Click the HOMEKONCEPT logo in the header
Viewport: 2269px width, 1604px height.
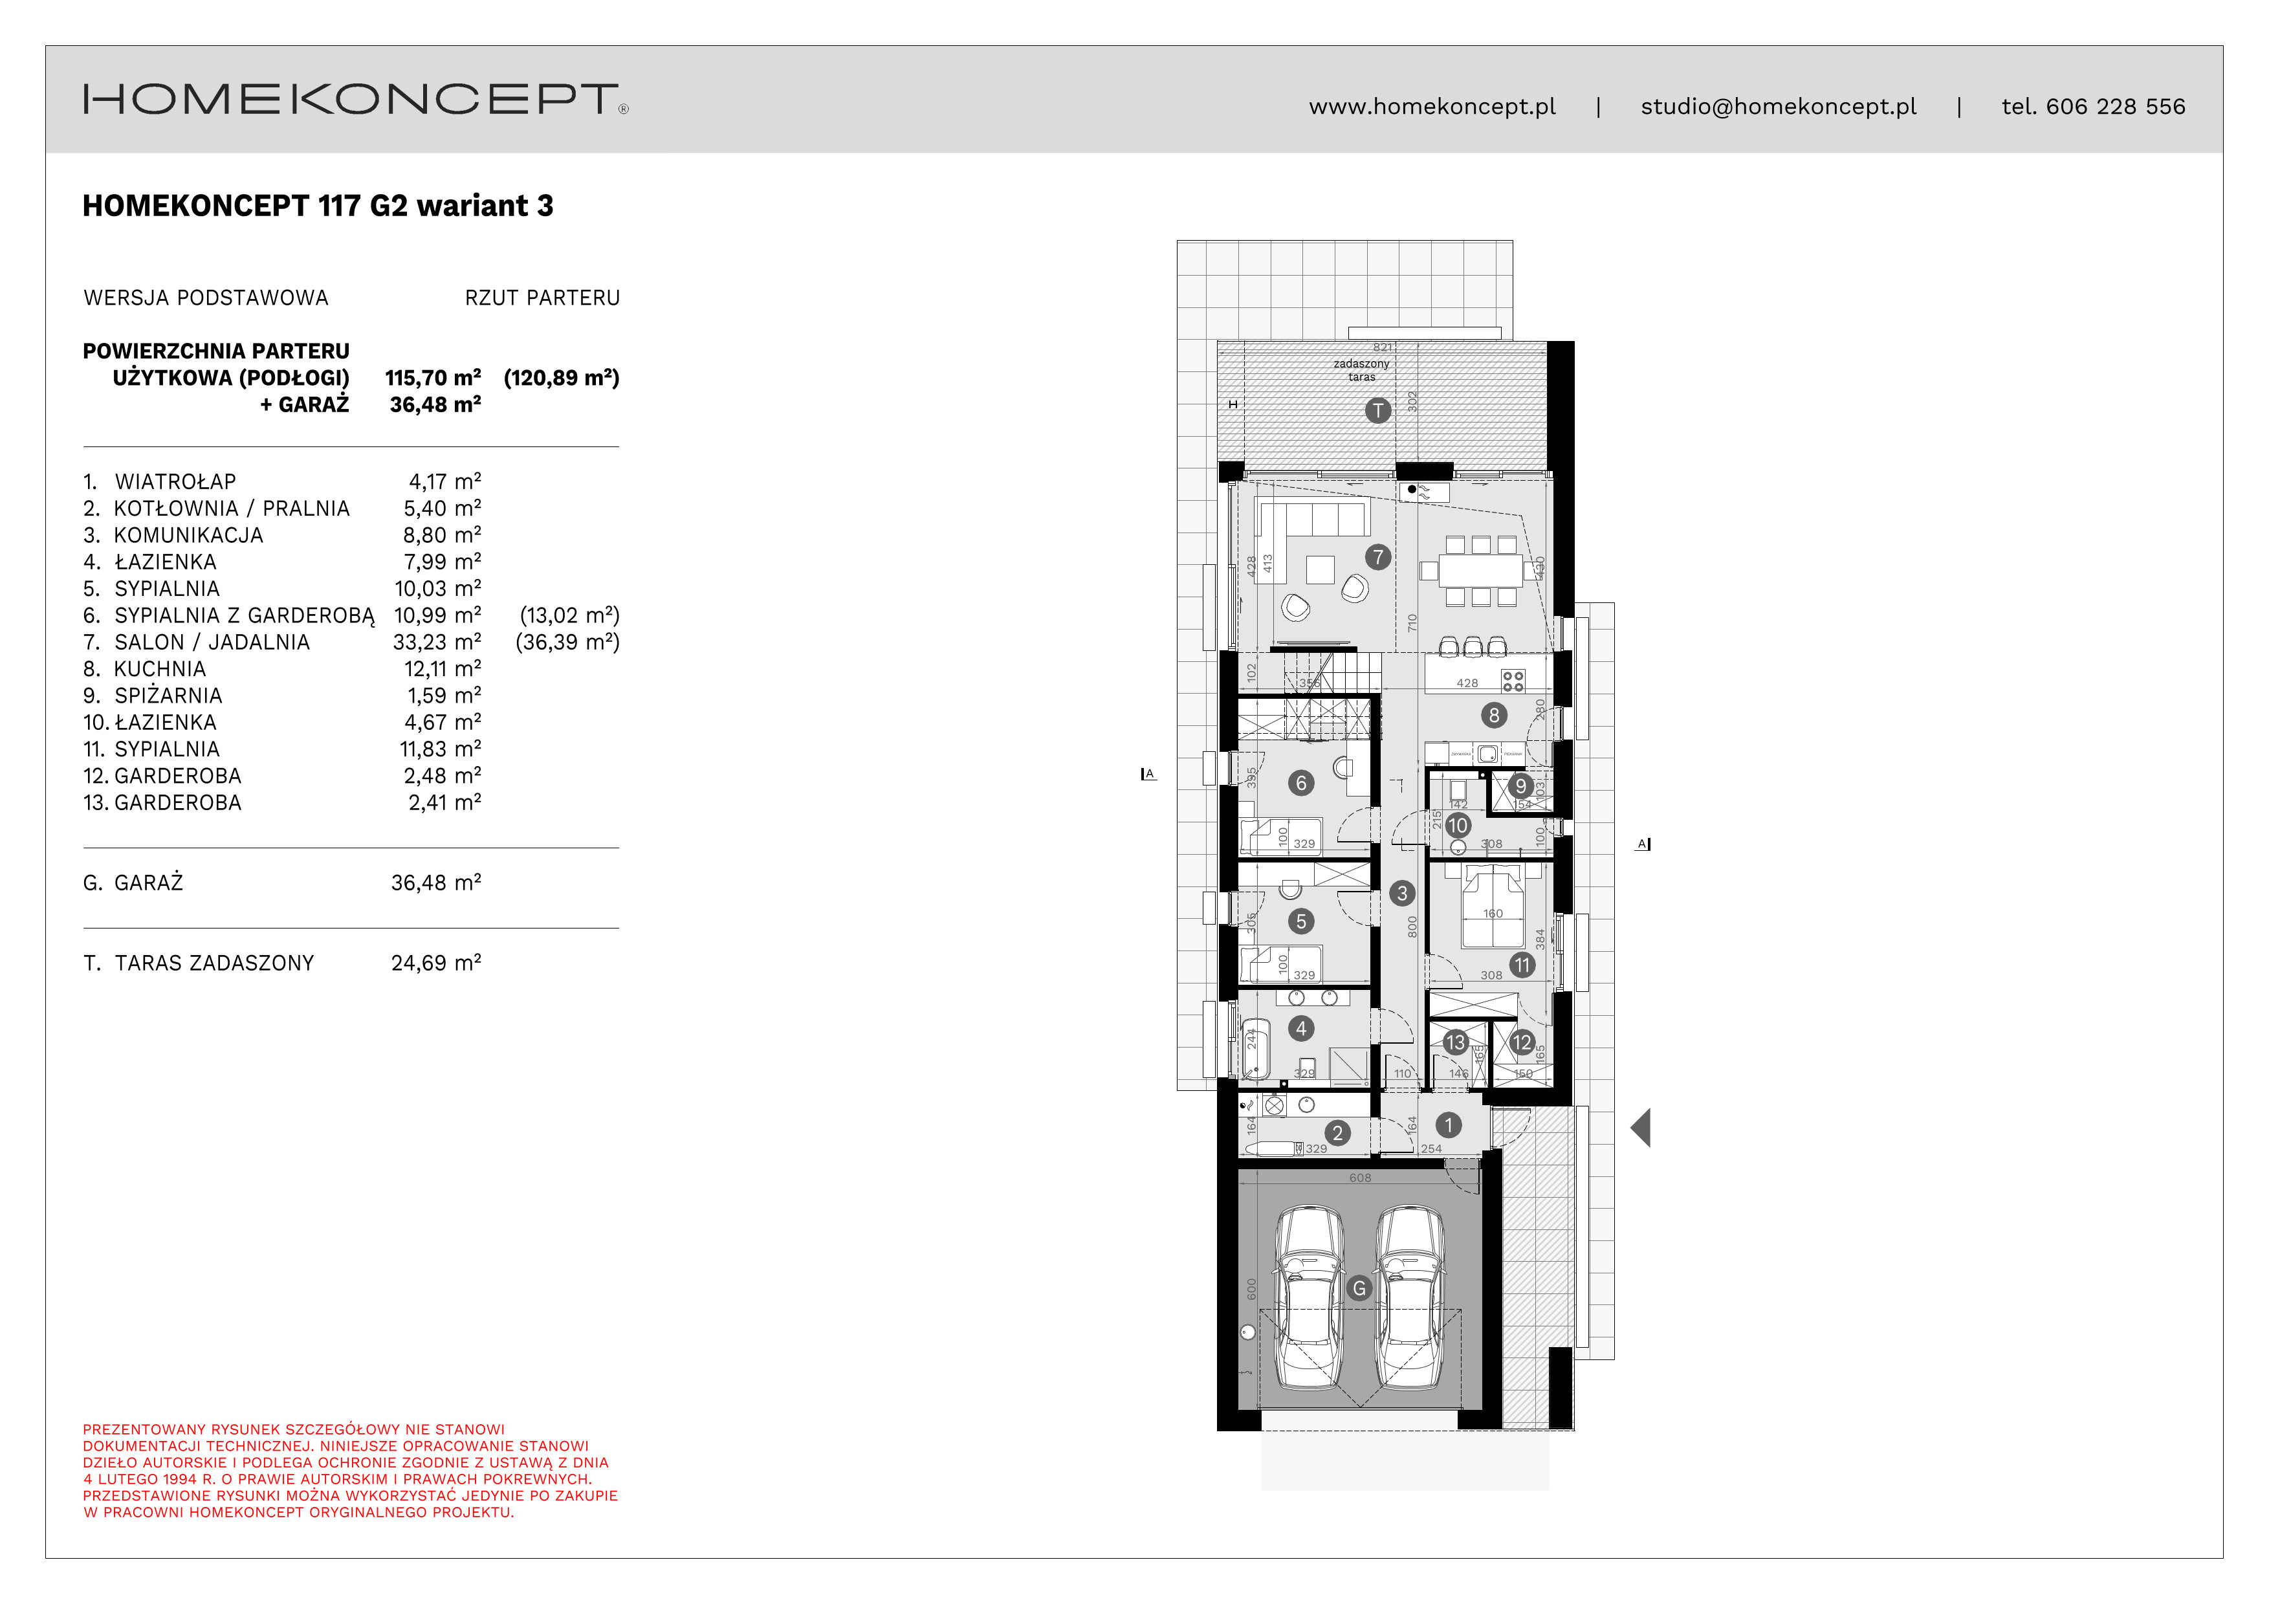tap(355, 100)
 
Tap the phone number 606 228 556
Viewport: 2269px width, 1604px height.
tap(2115, 107)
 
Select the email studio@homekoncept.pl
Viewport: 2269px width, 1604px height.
tap(1778, 107)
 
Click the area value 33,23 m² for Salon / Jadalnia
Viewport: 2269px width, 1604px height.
tap(437, 643)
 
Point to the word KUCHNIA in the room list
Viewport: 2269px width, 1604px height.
tap(160, 669)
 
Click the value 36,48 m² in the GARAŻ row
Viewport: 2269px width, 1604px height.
tap(436, 883)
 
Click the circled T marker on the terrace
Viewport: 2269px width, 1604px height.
tap(1377, 410)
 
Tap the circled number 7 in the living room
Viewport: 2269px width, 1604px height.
tap(1377, 557)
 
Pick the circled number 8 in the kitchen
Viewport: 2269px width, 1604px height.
tap(1493, 714)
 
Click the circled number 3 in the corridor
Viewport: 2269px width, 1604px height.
tap(1401, 894)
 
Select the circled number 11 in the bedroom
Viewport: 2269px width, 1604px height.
tap(1522, 965)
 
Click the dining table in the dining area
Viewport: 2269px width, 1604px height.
tap(1480, 571)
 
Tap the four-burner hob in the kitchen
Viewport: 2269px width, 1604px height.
tap(1512, 681)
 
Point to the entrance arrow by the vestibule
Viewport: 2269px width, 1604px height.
tap(1641, 1128)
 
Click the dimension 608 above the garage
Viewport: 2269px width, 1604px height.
tap(1360, 1178)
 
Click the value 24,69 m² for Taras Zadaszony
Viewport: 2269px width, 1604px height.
tap(436, 963)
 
